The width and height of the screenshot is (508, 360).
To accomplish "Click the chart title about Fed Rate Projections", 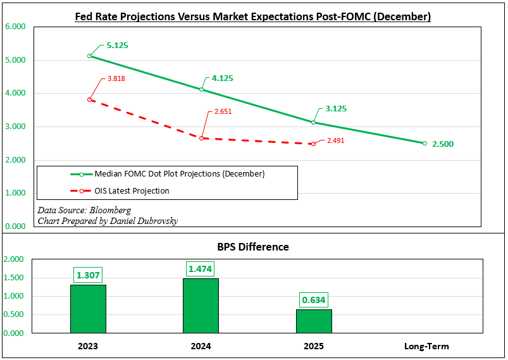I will point(253,17).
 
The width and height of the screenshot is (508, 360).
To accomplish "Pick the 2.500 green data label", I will point(442,144).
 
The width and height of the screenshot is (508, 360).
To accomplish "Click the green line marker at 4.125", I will point(202,89).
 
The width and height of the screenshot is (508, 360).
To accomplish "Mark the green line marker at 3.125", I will point(313,122).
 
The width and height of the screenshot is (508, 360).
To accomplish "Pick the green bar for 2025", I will point(313,321).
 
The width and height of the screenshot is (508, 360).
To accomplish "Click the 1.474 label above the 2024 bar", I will point(201,269).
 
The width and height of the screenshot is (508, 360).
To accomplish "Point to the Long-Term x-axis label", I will point(426,346).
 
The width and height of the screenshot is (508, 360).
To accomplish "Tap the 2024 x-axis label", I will point(201,346).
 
